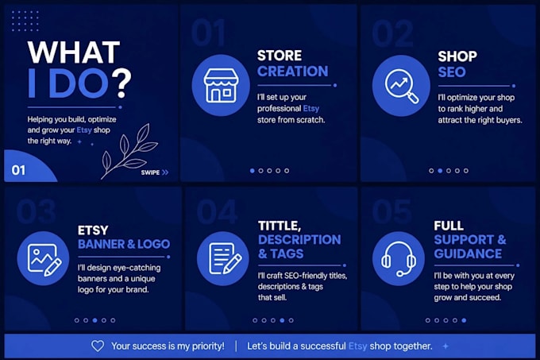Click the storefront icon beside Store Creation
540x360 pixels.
click(221, 86)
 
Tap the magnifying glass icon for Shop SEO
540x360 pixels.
click(402, 86)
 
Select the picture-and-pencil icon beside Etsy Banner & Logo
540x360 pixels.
click(44, 259)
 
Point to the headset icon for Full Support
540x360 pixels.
click(399, 259)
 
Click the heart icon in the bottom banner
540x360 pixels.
click(98, 346)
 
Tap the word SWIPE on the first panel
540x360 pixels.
click(150, 172)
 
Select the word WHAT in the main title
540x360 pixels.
click(74, 52)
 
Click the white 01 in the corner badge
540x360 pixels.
click(18, 170)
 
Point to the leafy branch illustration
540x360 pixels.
click(129, 151)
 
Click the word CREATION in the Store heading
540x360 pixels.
click(293, 72)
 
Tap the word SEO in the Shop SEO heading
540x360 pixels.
click(452, 72)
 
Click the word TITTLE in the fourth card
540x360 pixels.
click(280, 226)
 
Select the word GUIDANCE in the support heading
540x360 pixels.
click(468, 254)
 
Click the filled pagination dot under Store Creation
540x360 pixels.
click(253, 171)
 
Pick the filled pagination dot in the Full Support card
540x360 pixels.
click(464, 320)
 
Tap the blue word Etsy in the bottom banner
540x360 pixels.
click(357, 346)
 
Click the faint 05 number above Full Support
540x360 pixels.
click(392, 211)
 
